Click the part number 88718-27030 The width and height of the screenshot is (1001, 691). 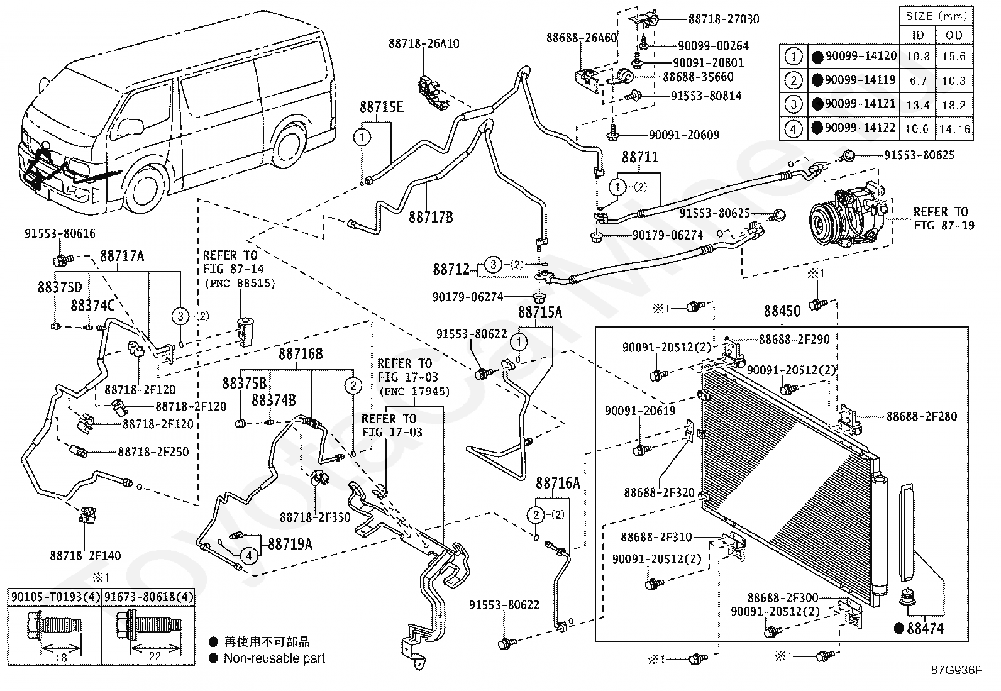click(724, 19)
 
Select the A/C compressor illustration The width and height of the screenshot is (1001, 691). click(848, 214)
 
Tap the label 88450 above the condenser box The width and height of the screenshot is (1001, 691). click(782, 311)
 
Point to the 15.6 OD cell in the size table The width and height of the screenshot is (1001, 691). click(954, 57)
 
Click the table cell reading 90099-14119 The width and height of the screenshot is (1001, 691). click(860, 80)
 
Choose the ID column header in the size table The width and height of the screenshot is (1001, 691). click(918, 35)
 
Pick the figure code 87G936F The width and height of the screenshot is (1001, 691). click(956, 670)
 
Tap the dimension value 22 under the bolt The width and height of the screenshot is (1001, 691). click(155, 656)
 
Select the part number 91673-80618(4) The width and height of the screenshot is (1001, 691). click(148, 597)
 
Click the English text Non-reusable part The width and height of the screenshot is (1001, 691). click(274, 658)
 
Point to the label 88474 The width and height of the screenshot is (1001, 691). click(925, 628)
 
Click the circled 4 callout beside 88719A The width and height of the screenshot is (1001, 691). click(249, 556)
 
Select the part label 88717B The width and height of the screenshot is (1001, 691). click(431, 218)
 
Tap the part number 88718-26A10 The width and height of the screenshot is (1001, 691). click(424, 44)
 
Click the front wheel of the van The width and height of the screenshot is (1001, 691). click(144, 189)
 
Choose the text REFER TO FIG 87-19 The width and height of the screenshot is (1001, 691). click(944, 218)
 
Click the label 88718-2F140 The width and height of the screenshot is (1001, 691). click(86, 556)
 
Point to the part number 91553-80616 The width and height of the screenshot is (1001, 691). click(60, 233)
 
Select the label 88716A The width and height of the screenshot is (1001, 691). click(558, 483)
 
